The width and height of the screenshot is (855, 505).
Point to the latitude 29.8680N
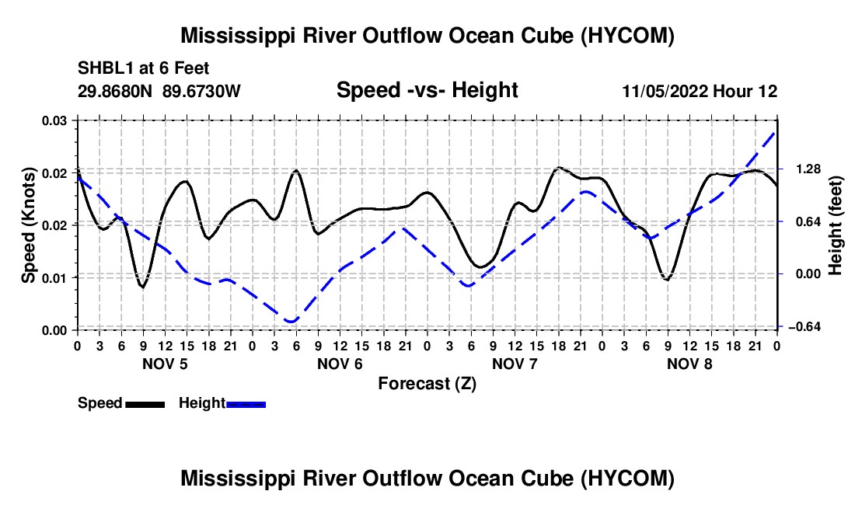(x=115, y=91)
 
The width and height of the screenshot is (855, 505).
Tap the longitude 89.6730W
(x=202, y=91)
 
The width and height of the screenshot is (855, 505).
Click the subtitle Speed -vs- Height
(x=427, y=90)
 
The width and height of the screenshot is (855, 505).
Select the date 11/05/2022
(x=665, y=91)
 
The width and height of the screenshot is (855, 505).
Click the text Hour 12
(x=745, y=91)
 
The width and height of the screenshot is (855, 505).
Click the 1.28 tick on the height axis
(x=808, y=169)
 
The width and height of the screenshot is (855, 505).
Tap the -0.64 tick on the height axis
(x=805, y=326)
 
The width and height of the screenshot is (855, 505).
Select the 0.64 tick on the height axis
(x=808, y=221)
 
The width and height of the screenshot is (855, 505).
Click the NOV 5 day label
(x=165, y=364)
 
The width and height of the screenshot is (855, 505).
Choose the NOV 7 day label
(x=515, y=364)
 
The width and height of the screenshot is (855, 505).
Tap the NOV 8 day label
(x=689, y=364)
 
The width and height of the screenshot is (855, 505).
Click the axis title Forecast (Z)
(x=427, y=384)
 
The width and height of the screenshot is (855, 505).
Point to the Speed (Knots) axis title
(x=28, y=225)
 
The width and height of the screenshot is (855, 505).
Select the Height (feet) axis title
(x=835, y=225)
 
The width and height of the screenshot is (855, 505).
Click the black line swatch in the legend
(x=145, y=405)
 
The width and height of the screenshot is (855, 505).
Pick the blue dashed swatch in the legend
(x=246, y=405)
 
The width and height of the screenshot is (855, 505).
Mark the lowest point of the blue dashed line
(x=291, y=322)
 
